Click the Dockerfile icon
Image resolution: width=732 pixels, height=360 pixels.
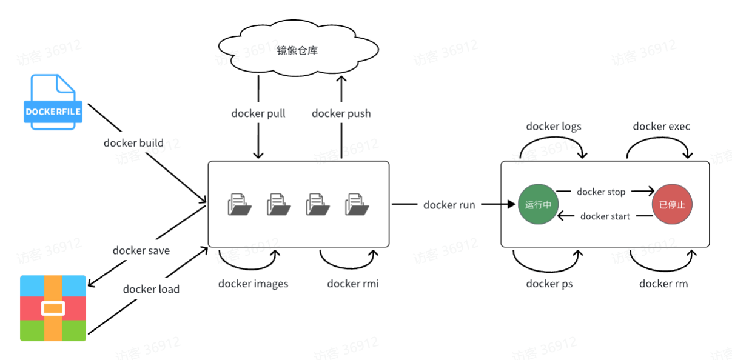coord(53,102)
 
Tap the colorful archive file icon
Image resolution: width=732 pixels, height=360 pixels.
coord(53,308)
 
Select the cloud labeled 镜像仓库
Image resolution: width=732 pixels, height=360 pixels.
coord(297,51)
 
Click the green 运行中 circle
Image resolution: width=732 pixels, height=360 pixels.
coord(538,205)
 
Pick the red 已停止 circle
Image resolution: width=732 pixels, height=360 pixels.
coord(672,205)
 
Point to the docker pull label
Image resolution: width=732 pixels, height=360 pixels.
coord(258,113)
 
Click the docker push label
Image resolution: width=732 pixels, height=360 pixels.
coord(341,113)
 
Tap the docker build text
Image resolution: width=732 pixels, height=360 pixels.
coord(142,143)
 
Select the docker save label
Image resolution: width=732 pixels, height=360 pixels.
coord(141,250)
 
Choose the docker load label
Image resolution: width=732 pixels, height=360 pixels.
coord(151,289)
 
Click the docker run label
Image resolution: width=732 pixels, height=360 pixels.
coord(449,205)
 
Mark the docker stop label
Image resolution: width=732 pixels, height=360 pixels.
coord(600,192)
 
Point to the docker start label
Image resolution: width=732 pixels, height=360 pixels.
coord(605,216)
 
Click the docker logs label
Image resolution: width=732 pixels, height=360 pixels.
coord(553,126)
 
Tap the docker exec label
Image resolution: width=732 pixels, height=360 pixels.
coord(661,126)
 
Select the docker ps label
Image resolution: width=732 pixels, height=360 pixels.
coord(549,283)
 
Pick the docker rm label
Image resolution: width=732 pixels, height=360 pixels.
coord(663,283)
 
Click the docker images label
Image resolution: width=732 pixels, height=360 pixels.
coord(253,283)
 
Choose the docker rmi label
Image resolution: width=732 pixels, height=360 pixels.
coord(352,283)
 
